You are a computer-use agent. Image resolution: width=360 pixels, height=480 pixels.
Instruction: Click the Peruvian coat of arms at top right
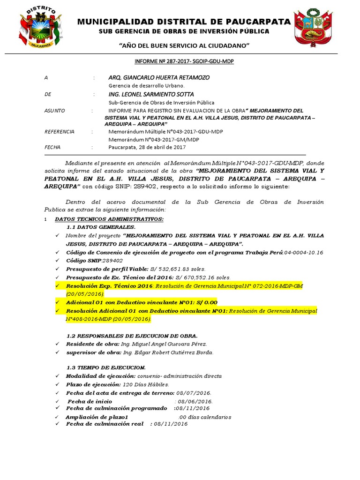pyautogui.click(x=313, y=28)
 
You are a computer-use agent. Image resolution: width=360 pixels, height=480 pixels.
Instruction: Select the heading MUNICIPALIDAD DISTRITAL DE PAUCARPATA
pyautogui.click(x=183, y=22)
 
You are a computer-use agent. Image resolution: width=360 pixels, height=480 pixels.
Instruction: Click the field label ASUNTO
pyautogui.click(x=55, y=111)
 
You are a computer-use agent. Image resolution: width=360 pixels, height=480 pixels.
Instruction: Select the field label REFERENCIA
pyautogui.click(x=59, y=132)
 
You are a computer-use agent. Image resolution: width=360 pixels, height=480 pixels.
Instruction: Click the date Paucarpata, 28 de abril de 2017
pyautogui.click(x=147, y=147)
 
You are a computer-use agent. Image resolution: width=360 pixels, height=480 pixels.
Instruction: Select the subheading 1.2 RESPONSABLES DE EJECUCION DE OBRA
pyautogui.click(x=132, y=335)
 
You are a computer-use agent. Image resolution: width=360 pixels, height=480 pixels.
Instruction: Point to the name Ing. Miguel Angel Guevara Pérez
pyautogui.click(x=160, y=344)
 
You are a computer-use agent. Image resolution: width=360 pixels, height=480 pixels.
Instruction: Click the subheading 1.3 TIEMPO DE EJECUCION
pyautogui.click(x=105, y=367)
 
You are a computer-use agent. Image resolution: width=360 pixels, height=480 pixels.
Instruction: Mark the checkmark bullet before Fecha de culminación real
pyautogui.click(x=57, y=424)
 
